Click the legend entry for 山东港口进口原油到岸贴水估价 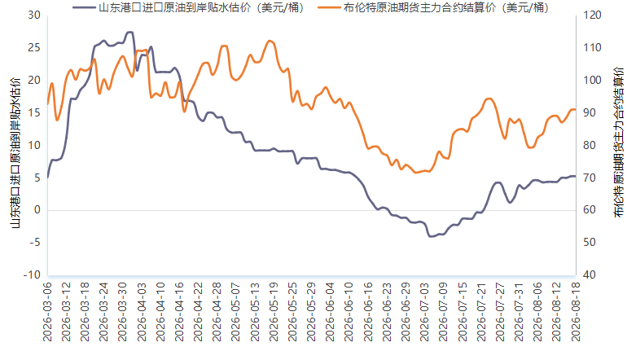pyautogui.click(x=188, y=7)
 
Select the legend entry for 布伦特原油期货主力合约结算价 pyautogui.click(x=433, y=7)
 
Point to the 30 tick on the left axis pyautogui.click(x=34, y=15)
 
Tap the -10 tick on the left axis pyautogui.click(x=32, y=274)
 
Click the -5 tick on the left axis pyautogui.click(x=34, y=243)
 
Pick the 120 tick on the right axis pyautogui.click(x=592, y=15)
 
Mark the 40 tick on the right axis pyautogui.click(x=590, y=274)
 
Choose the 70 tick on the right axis pyautogui.click(x=590, y=178)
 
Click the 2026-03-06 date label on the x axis pyautogui.click(x=47, y=312)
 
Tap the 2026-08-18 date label pyautogui.click(x=576, y=312)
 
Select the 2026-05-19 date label pyautogui.click(x=274, y=312)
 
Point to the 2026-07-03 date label pyautogui.click(x=424, y=312)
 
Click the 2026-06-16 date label pyautogui.click(x=368, y=312)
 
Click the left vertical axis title pyautogui.click(x=15, y=153)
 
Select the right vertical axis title pyautogui.click(x=619, y=142)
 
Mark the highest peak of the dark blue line pyautogui.click(x=129, y=32)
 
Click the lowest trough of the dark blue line pyautogui.click(x=431, y=236)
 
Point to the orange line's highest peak pyautogui.click(x=270, y=41)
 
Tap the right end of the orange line pyautogui.click(x=576, y=109)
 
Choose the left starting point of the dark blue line pyautogui.click(x=47, y=178)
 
